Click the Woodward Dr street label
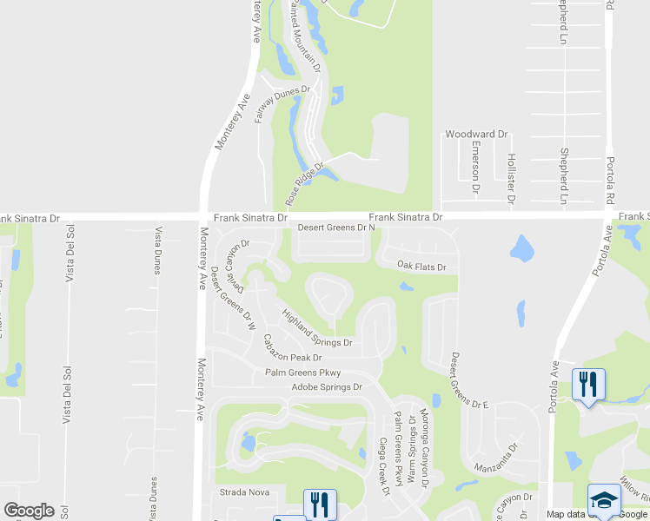pyautogui.click(x=476, y=135)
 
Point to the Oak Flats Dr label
pyautogui.click(x=421, y=267)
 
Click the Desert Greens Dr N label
pyautogui.click(x=336, y=228)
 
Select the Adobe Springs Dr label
pyautogui.click(x=326, y=386)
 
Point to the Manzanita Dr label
pyautogui.click(x=496, y=458)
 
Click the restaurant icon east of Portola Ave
pyautogui.click(x=588, y=382)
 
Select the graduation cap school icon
pyautogui.click(x=603, y=499)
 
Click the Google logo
pyautogui.click(x=29, y=511)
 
